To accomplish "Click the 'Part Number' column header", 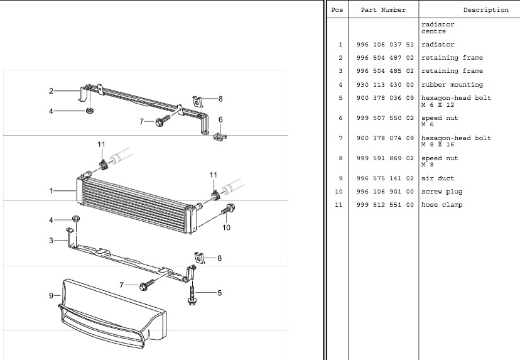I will [383, 10].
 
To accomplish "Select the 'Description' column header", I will [485, 10].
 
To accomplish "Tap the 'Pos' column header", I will [337, 10].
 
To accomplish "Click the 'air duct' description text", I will [438, 178].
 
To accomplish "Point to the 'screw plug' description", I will [442, 192].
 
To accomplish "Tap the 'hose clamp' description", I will [442, 205].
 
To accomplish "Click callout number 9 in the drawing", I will [50, 295].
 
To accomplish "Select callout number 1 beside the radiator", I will [51, 190].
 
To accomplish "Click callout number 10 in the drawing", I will [226, 227].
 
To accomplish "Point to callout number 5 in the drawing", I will [219, 293].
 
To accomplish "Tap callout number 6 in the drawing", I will [220, 119].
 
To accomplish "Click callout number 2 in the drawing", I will [51, 91].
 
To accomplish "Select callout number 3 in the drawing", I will [51, 241].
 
